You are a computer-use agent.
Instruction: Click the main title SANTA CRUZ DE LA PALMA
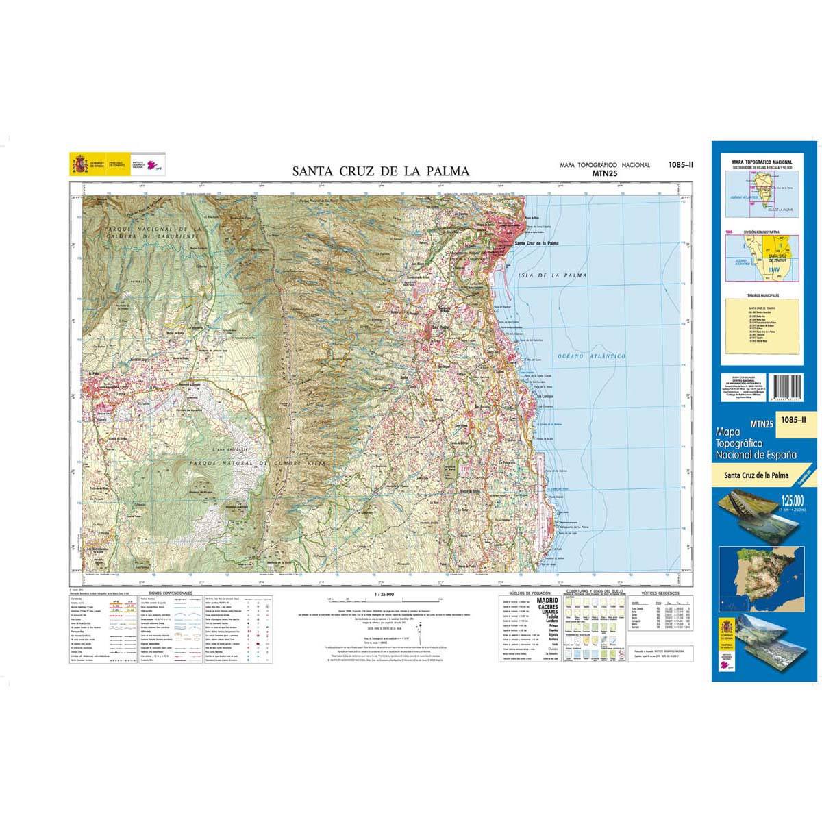(381, 171)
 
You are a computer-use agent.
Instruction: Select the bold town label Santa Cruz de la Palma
(537, 243)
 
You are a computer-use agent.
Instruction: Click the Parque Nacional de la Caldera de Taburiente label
(151, 232)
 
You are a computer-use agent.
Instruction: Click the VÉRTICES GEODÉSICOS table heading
(660, 590)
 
